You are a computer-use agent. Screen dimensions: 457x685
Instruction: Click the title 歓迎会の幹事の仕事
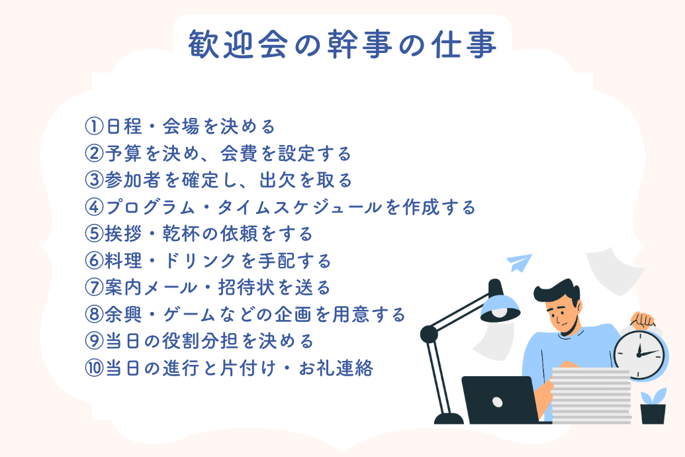342,44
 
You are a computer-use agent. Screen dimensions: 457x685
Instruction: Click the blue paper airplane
520,262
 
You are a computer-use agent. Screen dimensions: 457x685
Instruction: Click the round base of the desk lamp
448,418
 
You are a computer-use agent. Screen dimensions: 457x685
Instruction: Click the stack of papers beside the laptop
590,395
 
